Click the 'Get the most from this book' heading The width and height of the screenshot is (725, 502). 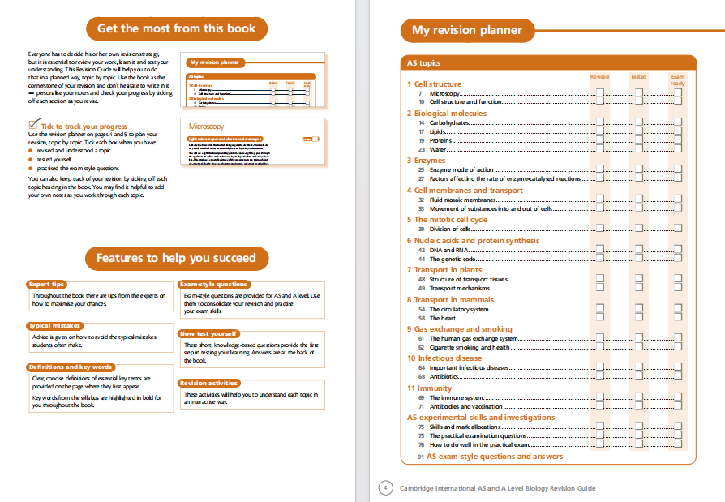176,28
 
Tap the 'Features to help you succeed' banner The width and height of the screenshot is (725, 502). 176,258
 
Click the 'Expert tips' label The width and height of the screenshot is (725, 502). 47,285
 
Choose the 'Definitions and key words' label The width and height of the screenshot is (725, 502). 71,367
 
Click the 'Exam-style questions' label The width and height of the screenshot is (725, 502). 214,285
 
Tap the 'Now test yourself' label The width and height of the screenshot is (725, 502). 208,333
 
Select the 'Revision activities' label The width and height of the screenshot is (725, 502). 209,383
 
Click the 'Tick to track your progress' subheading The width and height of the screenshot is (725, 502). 84,127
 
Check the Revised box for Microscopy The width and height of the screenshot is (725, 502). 599,94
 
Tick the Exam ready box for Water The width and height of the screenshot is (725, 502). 677,149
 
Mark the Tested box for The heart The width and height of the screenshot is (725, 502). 638,319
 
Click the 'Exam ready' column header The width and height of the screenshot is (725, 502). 677,80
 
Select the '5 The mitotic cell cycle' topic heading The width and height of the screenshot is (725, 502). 447,220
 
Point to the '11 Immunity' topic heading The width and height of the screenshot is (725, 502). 429,388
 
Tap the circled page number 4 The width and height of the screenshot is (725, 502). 386,488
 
